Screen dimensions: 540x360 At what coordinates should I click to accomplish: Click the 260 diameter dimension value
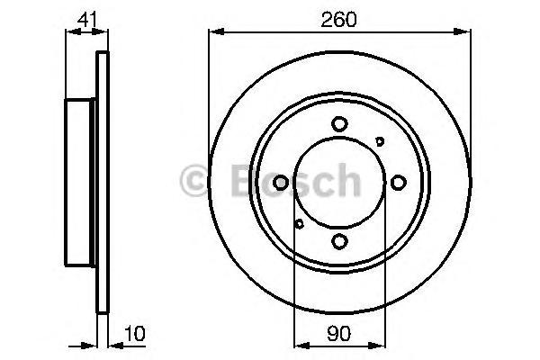tap(338, 20)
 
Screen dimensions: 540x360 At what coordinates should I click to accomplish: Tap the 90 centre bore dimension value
tap(339, 333)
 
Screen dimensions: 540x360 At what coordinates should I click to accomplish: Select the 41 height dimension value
tap(87, 20)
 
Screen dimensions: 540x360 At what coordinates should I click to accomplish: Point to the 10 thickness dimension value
tap(135, 333)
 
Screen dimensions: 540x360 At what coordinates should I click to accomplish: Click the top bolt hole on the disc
tap(339, 124)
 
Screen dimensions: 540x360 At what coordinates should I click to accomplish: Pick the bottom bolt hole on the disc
tap(339, 241)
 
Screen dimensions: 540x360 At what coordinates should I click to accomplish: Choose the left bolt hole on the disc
tap(280, 183)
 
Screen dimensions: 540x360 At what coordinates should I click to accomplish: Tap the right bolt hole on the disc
tap(398, 182)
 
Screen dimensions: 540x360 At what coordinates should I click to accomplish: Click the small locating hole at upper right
tap(380, 141)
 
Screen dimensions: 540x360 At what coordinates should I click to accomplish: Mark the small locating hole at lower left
tap(299, 224)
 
